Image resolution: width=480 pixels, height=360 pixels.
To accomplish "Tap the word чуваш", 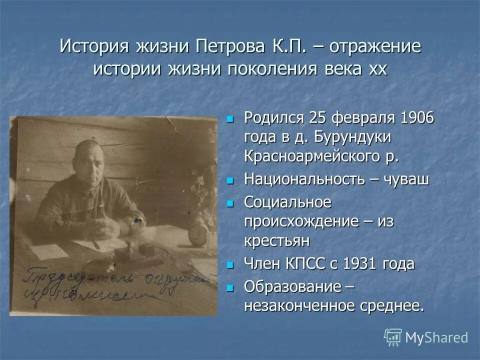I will pos(406,179).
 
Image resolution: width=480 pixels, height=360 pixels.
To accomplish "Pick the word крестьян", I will pos(277,240).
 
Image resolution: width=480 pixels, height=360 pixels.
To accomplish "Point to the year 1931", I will pos(361,264).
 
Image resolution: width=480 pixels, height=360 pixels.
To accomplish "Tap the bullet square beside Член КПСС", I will pos(230,264).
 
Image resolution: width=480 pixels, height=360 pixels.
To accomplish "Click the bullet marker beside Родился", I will pos(230,119).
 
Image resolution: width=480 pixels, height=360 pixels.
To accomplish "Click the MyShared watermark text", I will pos(436,337).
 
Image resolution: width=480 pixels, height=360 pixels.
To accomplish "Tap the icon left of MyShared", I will pos(393,337).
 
